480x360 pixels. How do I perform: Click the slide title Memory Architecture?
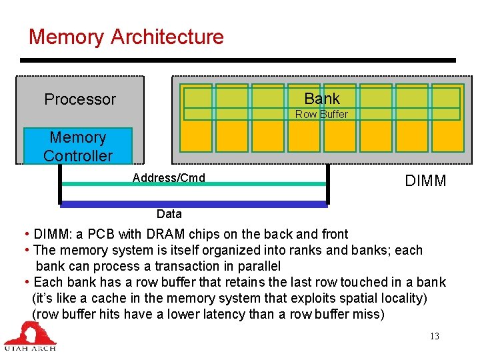[126, 37]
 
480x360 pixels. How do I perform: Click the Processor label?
[80, 99]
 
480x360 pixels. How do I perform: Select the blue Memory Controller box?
[78, 146]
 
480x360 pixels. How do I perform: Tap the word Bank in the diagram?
[321, 99]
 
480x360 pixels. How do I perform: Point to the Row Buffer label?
[321, 114]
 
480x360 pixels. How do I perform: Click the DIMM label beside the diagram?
[425, 181]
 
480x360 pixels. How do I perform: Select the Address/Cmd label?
[169, 177]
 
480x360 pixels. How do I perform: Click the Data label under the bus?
[169, 214]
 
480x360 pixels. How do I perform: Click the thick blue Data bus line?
[193, 204]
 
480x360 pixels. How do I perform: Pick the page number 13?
[434, 336]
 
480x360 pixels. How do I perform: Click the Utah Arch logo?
[30, 336]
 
